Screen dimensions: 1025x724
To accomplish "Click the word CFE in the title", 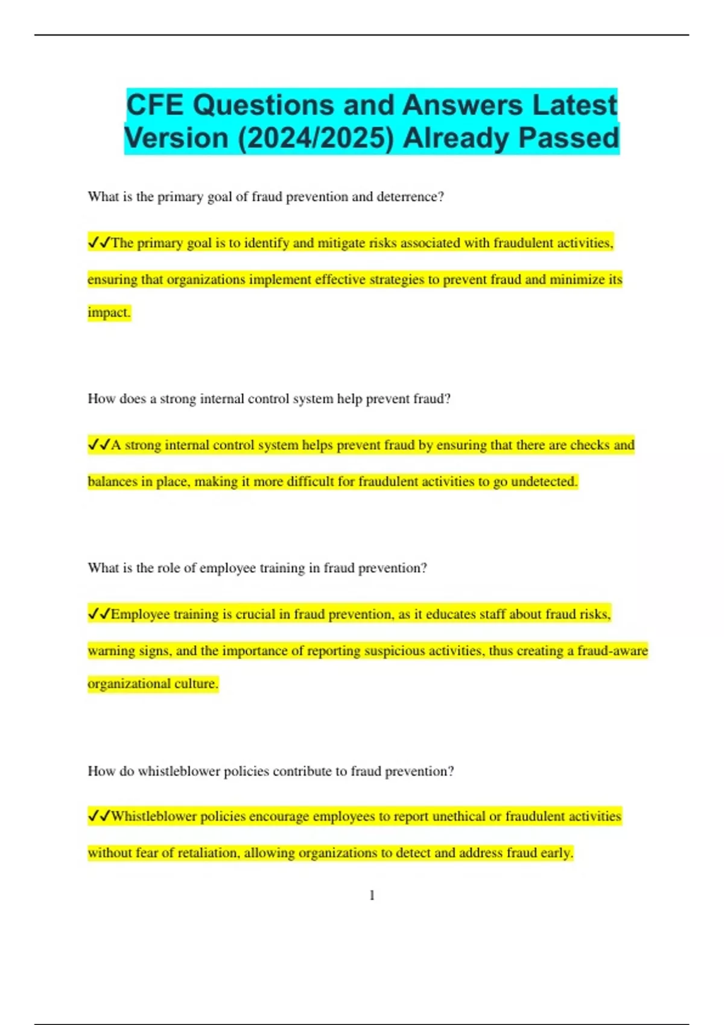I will click(x=154, y=106).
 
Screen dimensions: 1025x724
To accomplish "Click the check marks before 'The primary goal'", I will click(x=99, y=242).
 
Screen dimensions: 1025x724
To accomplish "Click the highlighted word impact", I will click(x=109, y=312).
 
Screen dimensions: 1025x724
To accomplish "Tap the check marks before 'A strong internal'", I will click(x=99, y=445).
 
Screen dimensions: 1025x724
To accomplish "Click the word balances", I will click(x=112, y=481).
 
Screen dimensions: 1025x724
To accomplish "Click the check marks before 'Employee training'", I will click(x=99, y=614).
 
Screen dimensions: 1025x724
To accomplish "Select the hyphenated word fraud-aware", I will click(x=612, y=651).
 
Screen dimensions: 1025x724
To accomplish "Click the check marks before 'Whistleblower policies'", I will click(x=99, y=816).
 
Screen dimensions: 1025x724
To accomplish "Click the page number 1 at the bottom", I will click(x=372, y=895).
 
